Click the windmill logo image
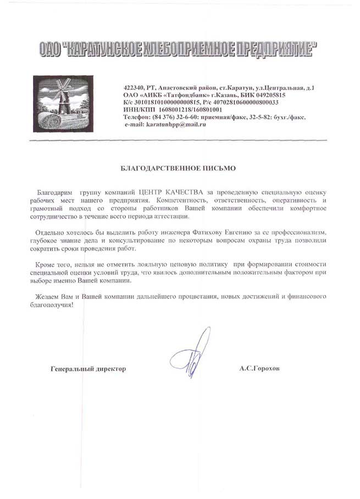(63, 103)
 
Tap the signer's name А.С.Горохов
(259, 369)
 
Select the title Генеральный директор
(88, 369)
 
